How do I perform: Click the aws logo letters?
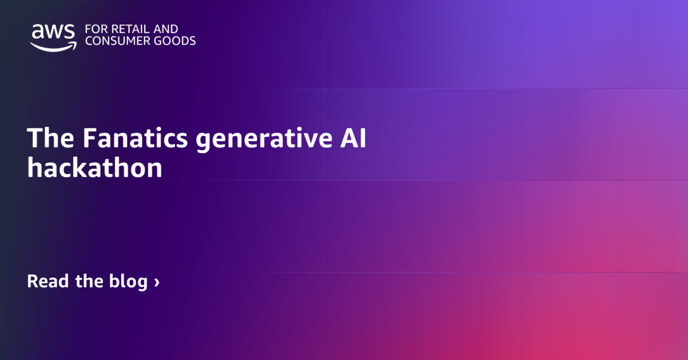pyautogui.click(x=53, y=32)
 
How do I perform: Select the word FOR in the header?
pyautogui.click(x=94, y=29)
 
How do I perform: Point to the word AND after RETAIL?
pyautogui.click(x=166, y=29)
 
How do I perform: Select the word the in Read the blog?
pyautogui.click(x=89, y=281)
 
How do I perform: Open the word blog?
pyautogui.click(x=128, y=282)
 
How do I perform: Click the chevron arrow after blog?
pyautogui.click(x=157, y=282)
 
